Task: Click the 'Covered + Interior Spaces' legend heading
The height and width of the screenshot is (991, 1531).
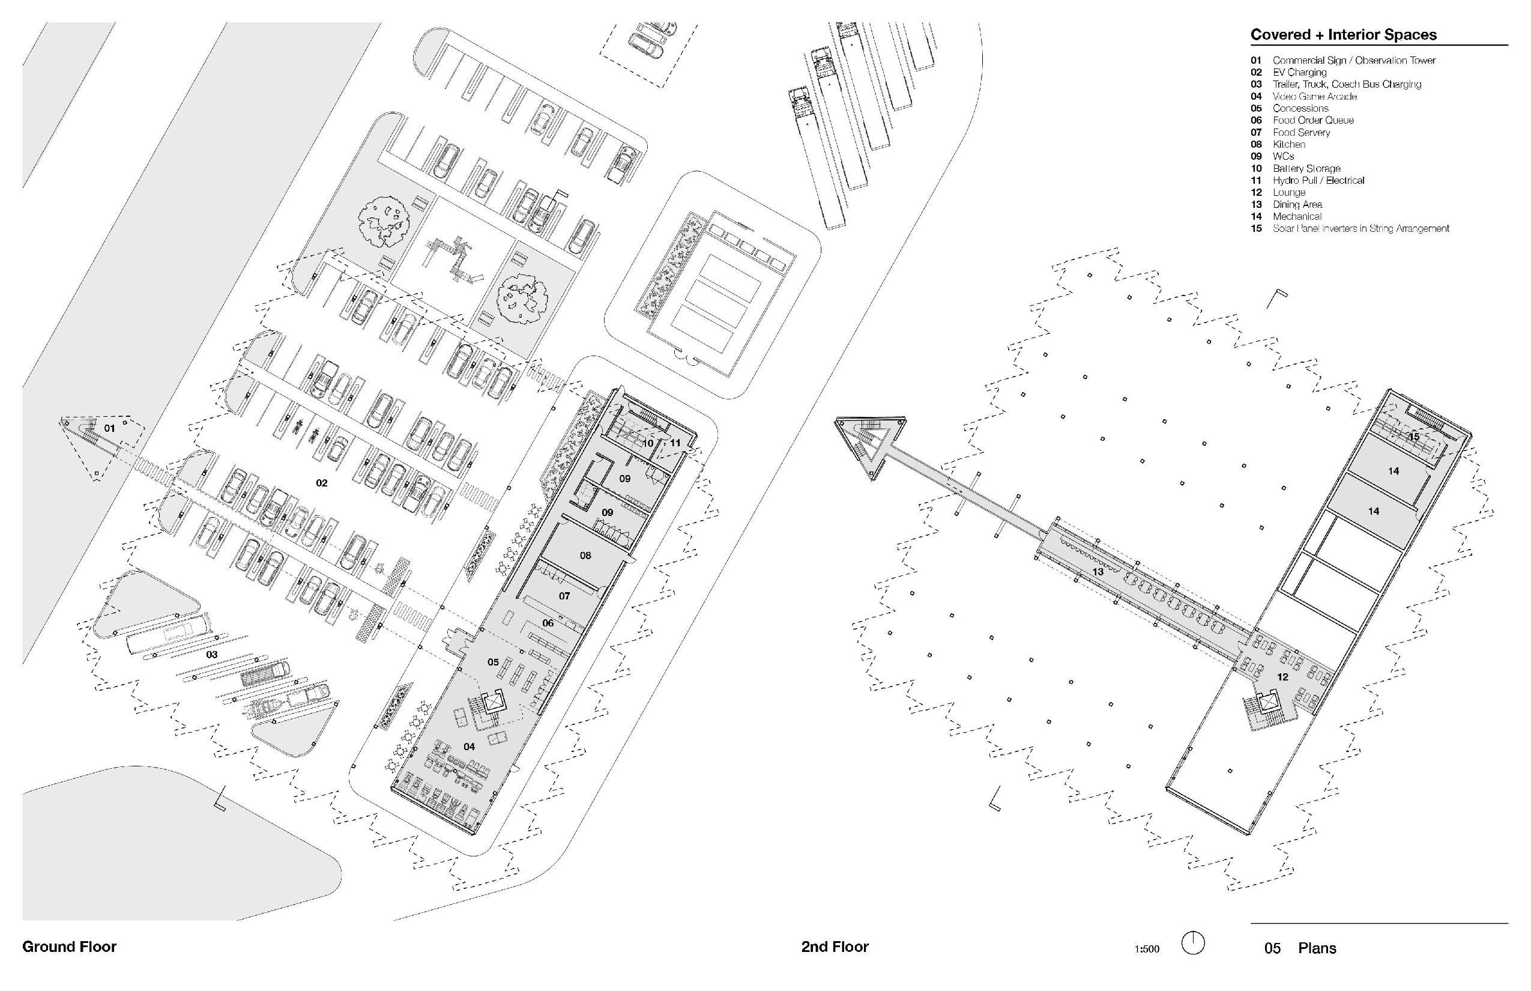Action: point(1343,35)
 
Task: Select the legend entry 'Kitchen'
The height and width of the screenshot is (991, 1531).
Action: point(1288,144)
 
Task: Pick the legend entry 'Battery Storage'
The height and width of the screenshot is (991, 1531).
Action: point(1306,169)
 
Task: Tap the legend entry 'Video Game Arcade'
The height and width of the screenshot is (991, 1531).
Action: point(1314,97)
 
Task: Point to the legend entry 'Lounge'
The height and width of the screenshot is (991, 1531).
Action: point(1288,192)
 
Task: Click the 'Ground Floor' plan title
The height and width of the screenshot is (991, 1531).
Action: point(70,947)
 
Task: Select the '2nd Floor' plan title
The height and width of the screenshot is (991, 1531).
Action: point(835,947)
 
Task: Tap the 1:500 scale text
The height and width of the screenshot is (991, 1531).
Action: point(1146,948)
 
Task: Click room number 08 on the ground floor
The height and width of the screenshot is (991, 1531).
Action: point(585,556)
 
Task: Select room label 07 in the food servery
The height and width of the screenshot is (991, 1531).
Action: point(564,596)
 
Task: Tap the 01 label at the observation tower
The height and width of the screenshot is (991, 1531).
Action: point(110,428)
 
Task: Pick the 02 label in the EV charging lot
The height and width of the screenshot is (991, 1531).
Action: point(322,483)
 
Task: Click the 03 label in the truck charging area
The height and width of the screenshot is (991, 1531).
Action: point(211,655)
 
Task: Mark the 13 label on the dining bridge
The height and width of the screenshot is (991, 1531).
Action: point(1098,571)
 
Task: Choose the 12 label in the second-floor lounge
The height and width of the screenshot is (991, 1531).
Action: point(1282,677)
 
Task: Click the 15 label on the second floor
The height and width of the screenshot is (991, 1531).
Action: point(1414,437)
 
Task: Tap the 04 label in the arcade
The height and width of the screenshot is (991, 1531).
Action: point(469,747)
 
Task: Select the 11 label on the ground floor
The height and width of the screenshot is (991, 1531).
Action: point(675,443)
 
